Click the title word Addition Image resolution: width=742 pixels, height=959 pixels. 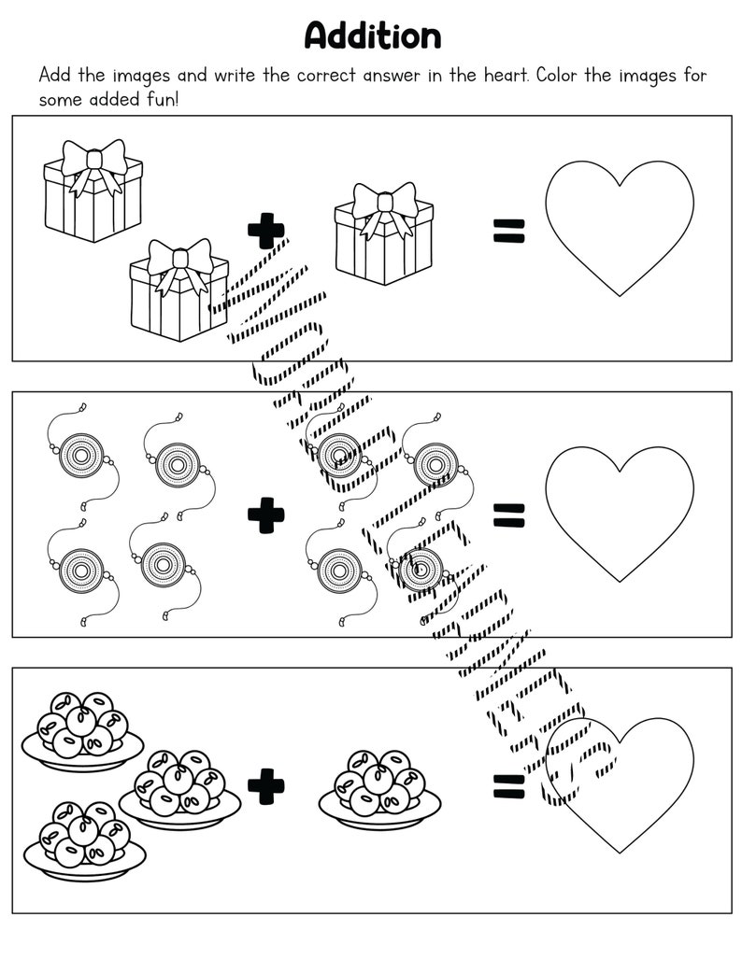372,35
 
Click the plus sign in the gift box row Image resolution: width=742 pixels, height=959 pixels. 265,231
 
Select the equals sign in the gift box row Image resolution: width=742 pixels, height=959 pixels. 509,230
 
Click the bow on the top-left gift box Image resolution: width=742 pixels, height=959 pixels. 93,162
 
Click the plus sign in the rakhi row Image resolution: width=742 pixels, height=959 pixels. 265,515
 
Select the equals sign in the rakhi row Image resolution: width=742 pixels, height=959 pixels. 509,514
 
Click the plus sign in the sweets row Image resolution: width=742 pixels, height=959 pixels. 265,786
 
